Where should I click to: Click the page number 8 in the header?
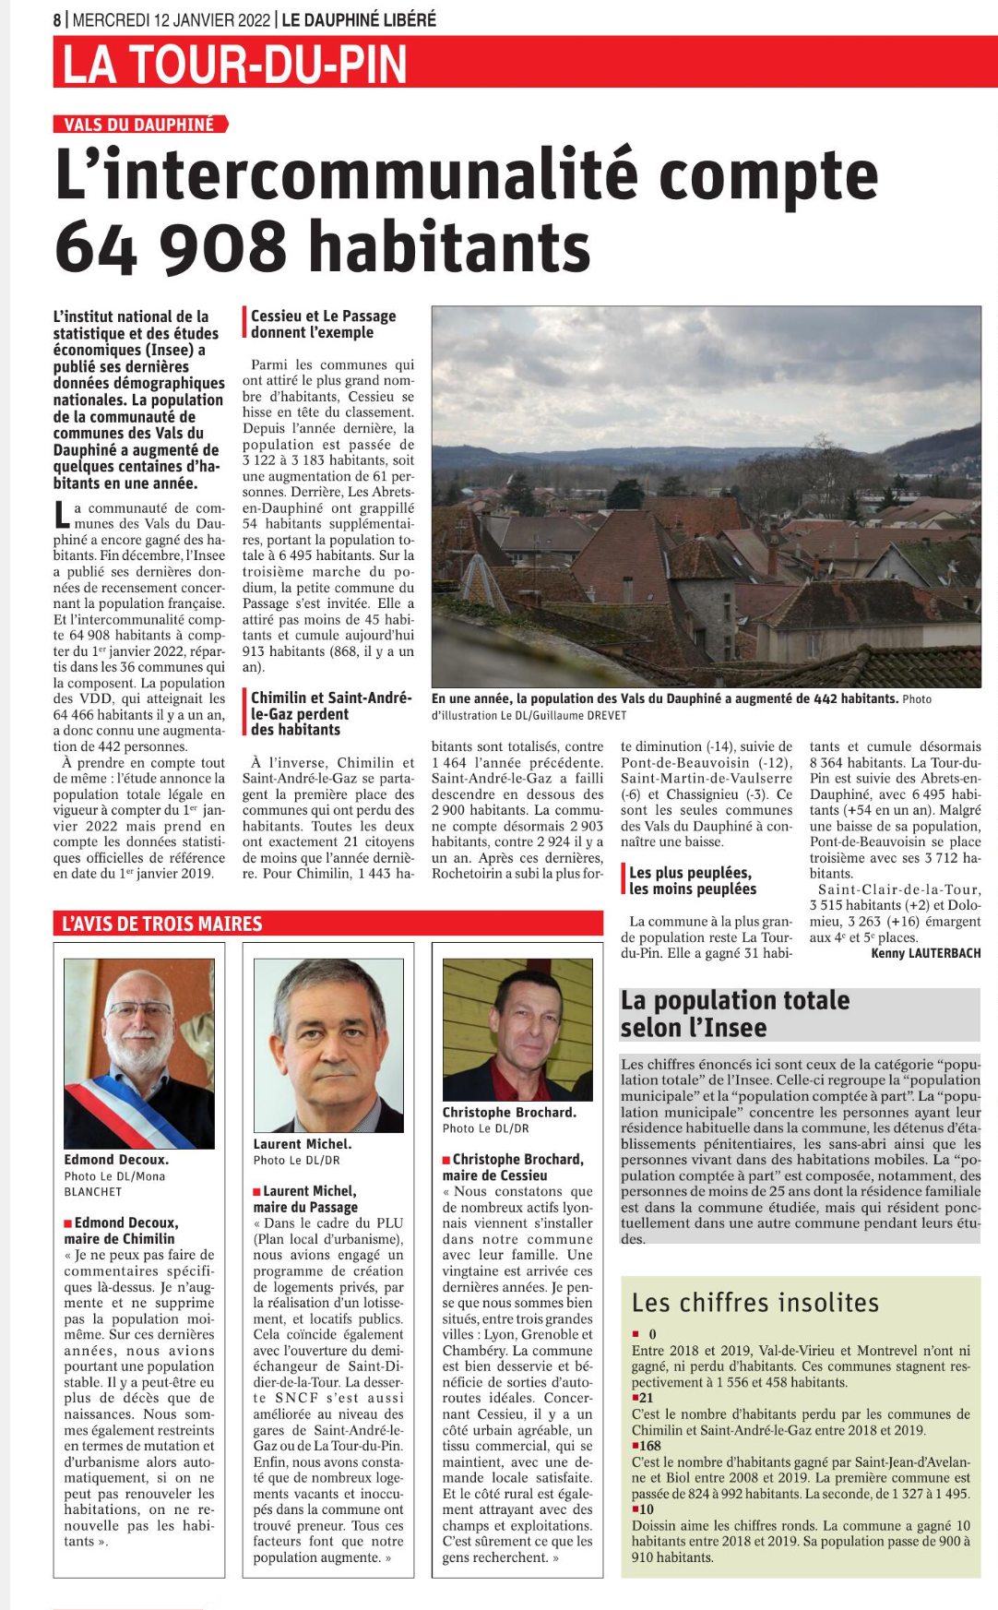(x=57, y=19)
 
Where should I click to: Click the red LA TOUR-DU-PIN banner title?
(x=235, y=65)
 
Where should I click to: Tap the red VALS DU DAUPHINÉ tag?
(x=139, y=125)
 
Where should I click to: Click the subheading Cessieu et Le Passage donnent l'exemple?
(x=323, y=324)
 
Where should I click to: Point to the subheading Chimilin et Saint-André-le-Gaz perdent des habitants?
(x=330, y=713)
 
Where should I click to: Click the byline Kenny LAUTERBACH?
(x=925, y=953)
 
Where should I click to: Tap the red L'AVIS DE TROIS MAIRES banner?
(x=161, y=924)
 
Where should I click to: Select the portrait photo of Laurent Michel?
(x=328, y=1044)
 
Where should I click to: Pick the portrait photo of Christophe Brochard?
(x=517, y=1029)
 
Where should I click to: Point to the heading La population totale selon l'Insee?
(x=735, y=1013)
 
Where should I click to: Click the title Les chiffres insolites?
(x=754, y=1303)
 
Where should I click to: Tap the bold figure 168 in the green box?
(x=649, y=1446)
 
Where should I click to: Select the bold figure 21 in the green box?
(x=646, y=1398)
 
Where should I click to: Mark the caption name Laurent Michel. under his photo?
(x=302, y=1144)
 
